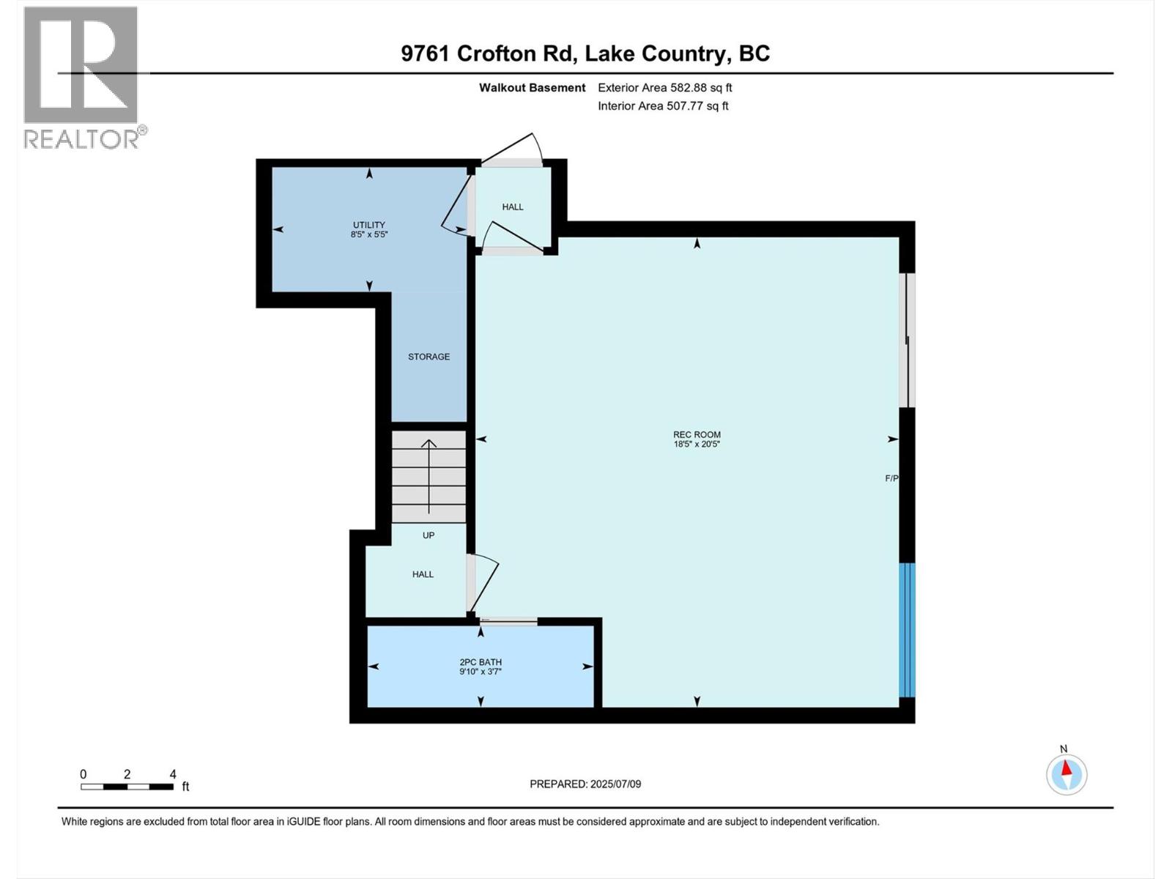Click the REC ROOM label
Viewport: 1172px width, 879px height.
pos(697,434)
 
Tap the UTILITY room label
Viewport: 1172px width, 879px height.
pos(368,225)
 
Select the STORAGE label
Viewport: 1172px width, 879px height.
pos(429,357)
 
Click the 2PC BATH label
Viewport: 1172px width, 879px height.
pos(481,662)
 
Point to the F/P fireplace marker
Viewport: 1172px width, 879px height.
pos(891,478)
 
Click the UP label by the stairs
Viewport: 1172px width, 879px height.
pos(429,535)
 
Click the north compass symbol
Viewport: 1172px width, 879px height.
pos(1067,774)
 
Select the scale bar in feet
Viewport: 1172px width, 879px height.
pos(127,787)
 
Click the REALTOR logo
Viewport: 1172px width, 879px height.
pos(81,77)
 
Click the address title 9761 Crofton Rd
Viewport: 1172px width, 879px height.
pos(585,53)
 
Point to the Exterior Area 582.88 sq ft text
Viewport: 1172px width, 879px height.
pos(664,88)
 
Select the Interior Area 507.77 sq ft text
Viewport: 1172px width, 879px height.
pos(663,105)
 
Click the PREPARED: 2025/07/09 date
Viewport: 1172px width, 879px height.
pos(585,784)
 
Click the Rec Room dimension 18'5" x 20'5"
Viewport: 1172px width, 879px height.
pos(697,444)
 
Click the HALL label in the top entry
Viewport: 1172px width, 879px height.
pos(513,207)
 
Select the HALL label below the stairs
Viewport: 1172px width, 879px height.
pos(423,574)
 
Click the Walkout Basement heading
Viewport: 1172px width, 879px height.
pos(532,88)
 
